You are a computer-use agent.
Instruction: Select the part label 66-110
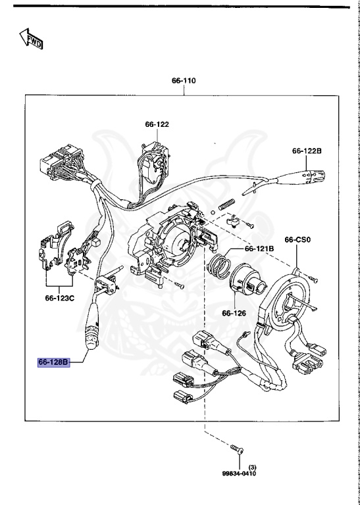(x=184, y=81)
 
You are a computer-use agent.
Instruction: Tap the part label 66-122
(x=157, y=124)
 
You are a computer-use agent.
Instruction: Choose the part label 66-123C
(x=61, y=298)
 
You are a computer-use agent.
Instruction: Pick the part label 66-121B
(x=259, y=249)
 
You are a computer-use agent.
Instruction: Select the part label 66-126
(x=234, y=314)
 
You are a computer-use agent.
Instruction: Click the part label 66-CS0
(x=297, y=240)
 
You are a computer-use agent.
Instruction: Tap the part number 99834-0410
(x=238, y=473)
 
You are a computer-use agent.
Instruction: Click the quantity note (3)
(x=251, y=466)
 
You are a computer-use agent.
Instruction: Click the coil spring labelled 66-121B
(x=217, y=267)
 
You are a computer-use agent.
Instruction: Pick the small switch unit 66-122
(x=155, y=160)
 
